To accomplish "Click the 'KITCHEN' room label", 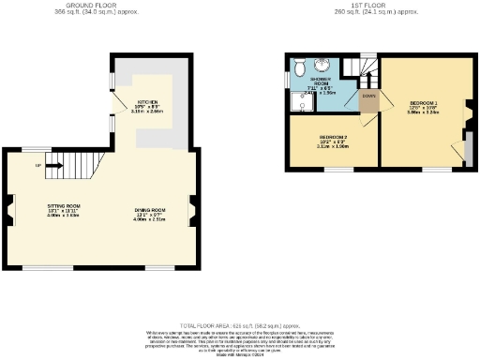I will [x=147, y=100].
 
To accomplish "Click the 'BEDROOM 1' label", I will [x=424, y=102].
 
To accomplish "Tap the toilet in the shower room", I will [x=298, y=67].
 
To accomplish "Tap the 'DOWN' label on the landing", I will [x=368, y=96].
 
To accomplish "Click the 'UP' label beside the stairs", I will [x=37, y=166].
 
